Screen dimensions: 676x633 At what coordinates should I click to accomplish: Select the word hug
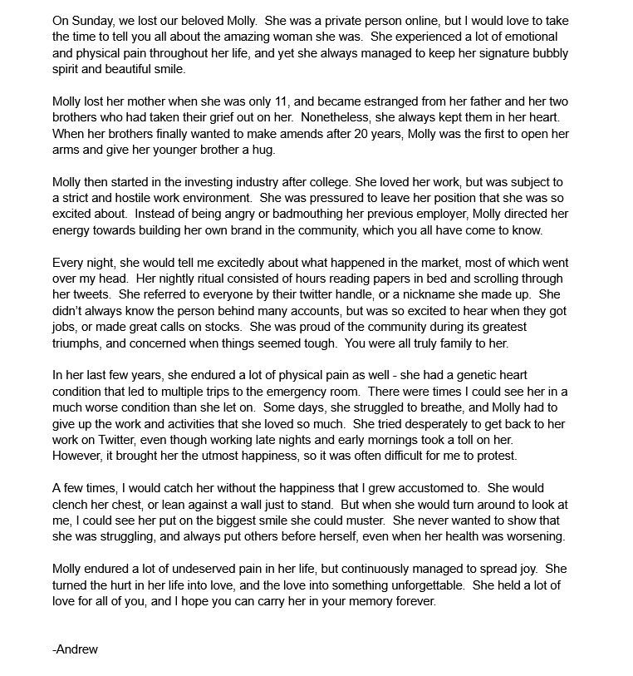point(263,150)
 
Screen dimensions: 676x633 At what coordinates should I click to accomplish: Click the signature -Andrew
point(75,649)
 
